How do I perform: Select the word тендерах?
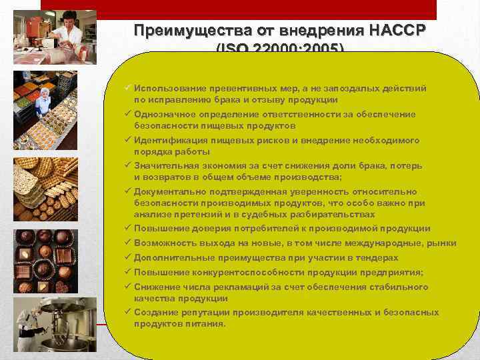(x=375, y=258)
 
